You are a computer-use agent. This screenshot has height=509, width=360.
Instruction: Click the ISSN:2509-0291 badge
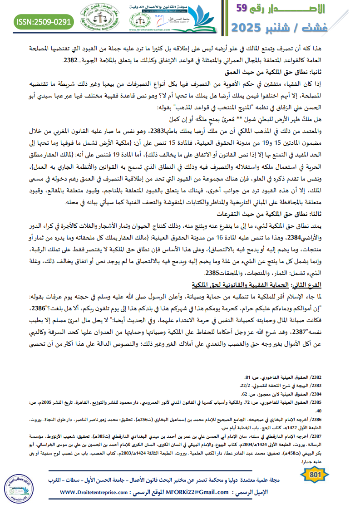coord(44,21)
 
